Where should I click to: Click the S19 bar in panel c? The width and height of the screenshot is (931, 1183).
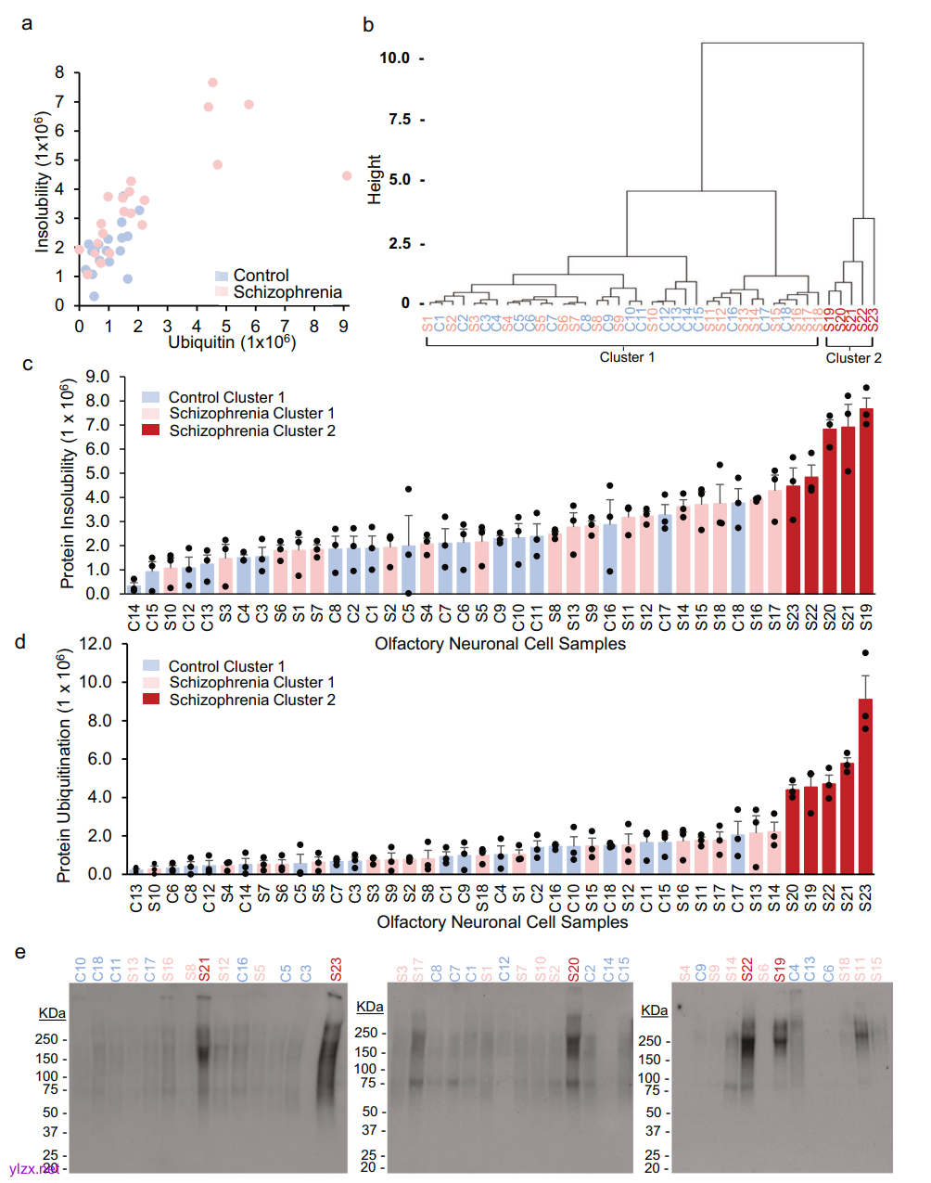[866, 501]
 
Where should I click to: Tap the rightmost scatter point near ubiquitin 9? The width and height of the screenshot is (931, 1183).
[347, 175]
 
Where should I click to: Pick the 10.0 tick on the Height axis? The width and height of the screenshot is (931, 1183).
[394, 58]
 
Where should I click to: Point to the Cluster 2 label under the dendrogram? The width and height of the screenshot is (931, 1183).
[853, 358]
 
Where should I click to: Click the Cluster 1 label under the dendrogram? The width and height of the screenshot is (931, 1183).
[627, 357]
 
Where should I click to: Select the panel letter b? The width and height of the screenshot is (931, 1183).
[368, 25]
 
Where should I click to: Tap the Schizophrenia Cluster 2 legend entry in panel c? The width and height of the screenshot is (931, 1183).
[251, 431]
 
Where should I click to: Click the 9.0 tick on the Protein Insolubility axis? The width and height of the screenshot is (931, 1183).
[97, 377]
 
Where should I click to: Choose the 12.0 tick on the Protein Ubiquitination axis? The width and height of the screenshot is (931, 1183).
[96, 644]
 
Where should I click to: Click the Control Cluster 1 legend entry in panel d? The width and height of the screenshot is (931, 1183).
[226, 666]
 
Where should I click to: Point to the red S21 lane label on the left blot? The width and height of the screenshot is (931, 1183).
[205, 970]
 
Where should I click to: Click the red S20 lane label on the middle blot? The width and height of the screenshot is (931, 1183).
[573, 970]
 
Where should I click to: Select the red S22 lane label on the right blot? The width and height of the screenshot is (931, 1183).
[747, 970]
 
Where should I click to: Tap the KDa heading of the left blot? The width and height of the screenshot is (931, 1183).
[52, 1013]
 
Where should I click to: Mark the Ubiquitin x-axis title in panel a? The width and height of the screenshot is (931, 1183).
[231, 342]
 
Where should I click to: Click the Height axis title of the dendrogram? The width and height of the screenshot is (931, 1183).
[375, 179]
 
